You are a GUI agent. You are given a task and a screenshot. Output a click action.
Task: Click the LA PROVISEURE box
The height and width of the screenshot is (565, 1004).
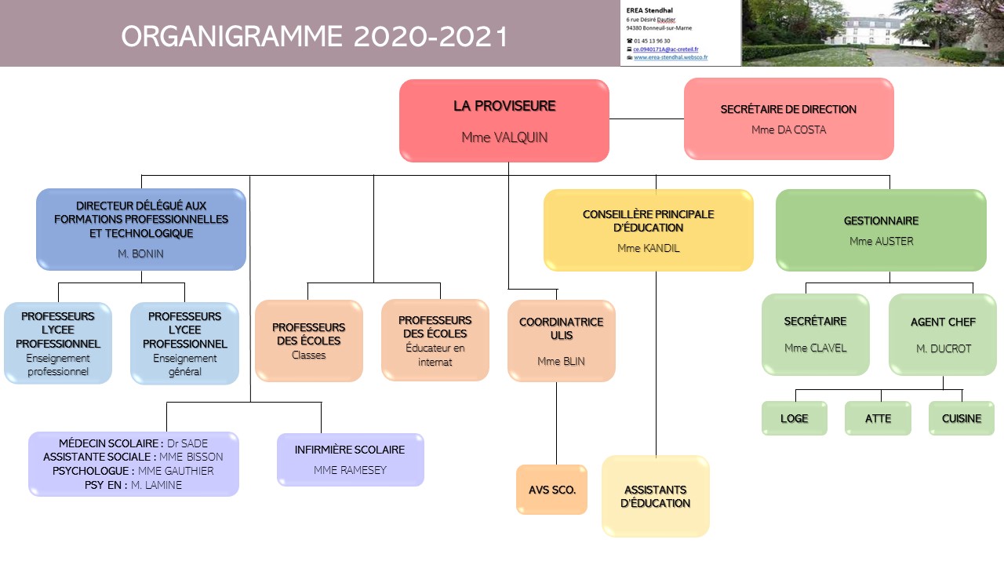point(504,120)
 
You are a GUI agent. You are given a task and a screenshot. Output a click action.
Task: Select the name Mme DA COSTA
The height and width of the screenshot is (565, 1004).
point(788,129)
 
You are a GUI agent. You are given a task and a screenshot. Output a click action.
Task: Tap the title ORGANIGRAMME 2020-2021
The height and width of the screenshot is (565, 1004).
point(315,36)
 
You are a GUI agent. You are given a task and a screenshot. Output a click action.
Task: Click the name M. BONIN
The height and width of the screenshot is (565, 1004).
point(140,253)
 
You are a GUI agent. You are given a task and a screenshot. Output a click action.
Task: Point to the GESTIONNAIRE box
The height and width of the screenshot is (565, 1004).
point(880,230)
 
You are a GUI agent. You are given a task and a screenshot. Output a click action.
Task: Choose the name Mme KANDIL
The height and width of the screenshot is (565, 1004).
point(648,248)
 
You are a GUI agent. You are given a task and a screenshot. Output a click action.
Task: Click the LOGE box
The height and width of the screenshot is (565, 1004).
point(794,418)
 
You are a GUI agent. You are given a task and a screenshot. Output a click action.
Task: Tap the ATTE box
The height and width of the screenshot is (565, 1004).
point(878,418)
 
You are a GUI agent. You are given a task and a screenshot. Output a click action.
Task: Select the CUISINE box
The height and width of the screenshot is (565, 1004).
point(961,418)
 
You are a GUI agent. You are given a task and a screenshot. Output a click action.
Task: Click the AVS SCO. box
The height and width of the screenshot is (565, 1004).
point(551,490)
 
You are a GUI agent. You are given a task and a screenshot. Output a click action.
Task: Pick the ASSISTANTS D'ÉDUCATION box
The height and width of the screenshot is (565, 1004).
point(655,496)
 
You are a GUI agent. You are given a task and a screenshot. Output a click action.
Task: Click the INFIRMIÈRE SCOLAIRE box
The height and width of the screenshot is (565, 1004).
point(350,459)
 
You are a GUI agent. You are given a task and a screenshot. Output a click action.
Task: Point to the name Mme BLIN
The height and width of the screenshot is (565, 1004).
point(561,362)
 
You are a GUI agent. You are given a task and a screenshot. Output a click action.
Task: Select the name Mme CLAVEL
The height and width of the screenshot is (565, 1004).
point(815,348)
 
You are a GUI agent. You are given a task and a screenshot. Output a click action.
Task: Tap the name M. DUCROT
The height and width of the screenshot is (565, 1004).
point(943,348)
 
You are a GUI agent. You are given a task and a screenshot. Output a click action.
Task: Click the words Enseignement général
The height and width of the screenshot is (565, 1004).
point(184,365)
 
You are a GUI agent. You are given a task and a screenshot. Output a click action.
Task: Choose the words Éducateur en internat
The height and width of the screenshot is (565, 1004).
point(435,355)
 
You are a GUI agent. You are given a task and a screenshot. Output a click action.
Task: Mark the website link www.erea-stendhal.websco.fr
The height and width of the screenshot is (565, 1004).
point(671,57)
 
